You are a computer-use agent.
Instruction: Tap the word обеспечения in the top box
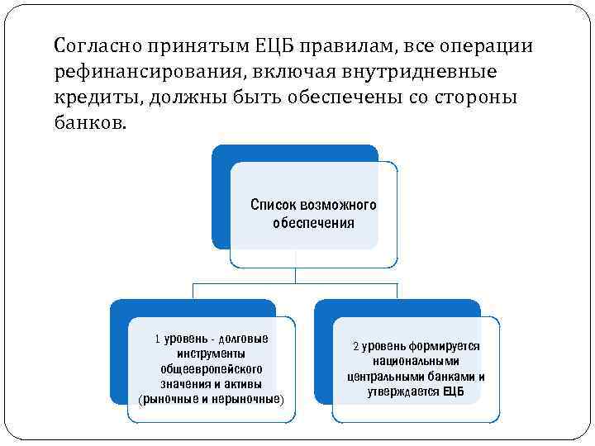pos(313,223)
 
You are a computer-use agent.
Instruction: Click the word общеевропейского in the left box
pos(212,369)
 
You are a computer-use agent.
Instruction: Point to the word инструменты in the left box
pos(212,353)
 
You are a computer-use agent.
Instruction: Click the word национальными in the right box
pos(416,362)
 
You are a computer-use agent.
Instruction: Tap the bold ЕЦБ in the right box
pos(454,391)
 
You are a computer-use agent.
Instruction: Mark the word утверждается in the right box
pos(405,391)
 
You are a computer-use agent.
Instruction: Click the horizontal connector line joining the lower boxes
pos(295,283)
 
